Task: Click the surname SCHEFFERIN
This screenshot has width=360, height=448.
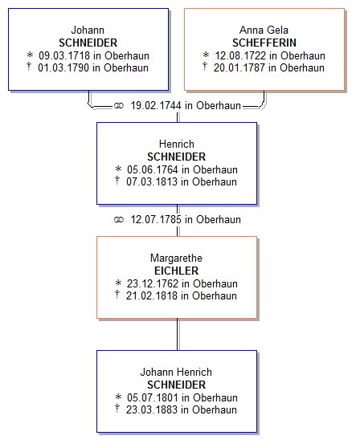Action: click(264, 43)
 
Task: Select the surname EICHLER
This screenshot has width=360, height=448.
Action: click(177, 271)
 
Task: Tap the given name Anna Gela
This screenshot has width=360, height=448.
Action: click(264, 30)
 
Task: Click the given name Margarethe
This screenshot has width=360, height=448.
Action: click(176, 259)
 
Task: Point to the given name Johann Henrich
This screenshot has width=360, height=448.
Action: click(176, 373)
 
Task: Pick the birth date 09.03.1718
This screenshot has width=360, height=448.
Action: click(64, 55)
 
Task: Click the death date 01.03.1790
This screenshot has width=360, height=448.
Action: click(63, 68)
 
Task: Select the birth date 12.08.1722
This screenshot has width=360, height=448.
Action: click(240, 55)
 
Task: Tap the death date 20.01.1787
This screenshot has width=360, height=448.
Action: click(239, 68)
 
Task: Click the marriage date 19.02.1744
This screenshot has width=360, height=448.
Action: click(156, 106)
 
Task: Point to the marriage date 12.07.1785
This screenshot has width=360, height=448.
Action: click(156, 220)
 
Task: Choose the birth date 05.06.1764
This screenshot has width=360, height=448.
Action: click(153, 169)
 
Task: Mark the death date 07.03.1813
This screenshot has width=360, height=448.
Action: click(152, 182)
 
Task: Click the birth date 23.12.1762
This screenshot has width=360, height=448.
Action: click(153, 283)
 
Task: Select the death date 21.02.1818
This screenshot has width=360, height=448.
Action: click(152, 296)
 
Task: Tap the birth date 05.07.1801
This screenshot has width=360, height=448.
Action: click(153, 397)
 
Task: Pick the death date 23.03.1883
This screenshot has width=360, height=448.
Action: click(152, 410)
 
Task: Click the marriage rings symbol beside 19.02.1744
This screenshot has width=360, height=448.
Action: click(119, 106)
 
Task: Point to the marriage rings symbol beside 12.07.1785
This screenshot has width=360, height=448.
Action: click(119, 220)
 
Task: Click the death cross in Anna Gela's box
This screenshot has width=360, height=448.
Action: click(205, 67)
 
